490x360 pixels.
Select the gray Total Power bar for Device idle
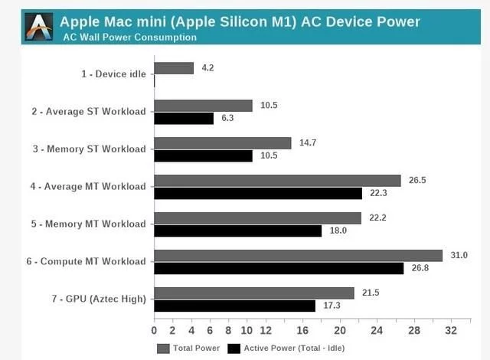[x=174, y=68]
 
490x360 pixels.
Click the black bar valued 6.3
[x=184, y=118]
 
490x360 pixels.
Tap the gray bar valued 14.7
[x=223, y=143]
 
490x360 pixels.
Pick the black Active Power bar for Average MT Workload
[x=258, y=193]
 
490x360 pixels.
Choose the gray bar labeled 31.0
[x=299, y=255]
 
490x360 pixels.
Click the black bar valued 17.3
[x=235, y=306]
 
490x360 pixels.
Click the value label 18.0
[x=338, y=231]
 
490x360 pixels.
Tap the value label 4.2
[x=208, y=68]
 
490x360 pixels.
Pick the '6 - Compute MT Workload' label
[x=86, y=261]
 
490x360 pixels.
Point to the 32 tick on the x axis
[x=451, y=331]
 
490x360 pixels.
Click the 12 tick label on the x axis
[x=265, y=331]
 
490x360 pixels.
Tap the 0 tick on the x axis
[x=155, y=331]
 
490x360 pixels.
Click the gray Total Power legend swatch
[x=163, y=349]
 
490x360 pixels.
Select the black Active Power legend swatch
[x=234, y=349]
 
